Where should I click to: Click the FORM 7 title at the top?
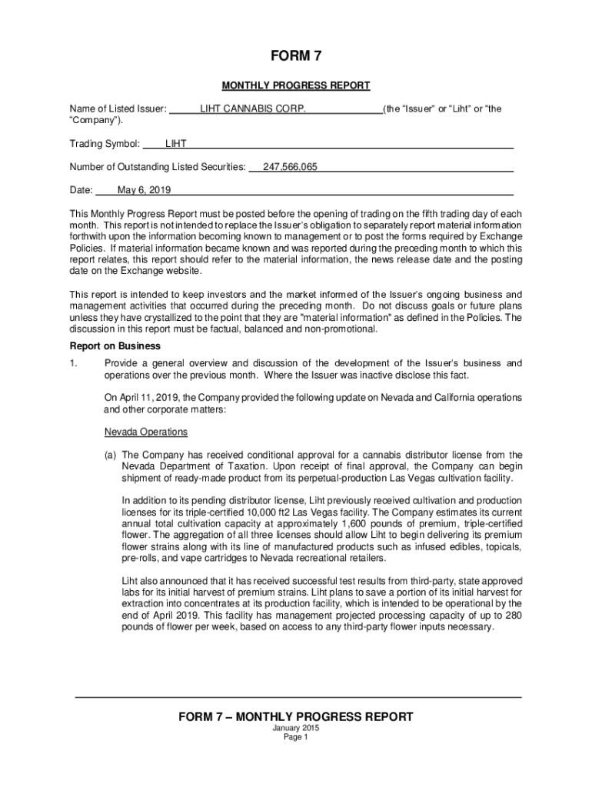[295, 58]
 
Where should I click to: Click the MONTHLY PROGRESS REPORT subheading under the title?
[296, 85]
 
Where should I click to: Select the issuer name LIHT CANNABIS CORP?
[252, 109]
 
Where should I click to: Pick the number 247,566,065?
[290, 167]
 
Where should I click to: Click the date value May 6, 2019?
[144, 190]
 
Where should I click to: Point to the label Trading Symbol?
[105, 144]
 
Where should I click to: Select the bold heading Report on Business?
[115, 346]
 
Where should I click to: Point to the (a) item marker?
[111, 455]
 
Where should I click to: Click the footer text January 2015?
[296, 728]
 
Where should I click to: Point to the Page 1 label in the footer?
[296, 737]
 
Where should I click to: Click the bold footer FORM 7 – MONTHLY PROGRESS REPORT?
[296, 716]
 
